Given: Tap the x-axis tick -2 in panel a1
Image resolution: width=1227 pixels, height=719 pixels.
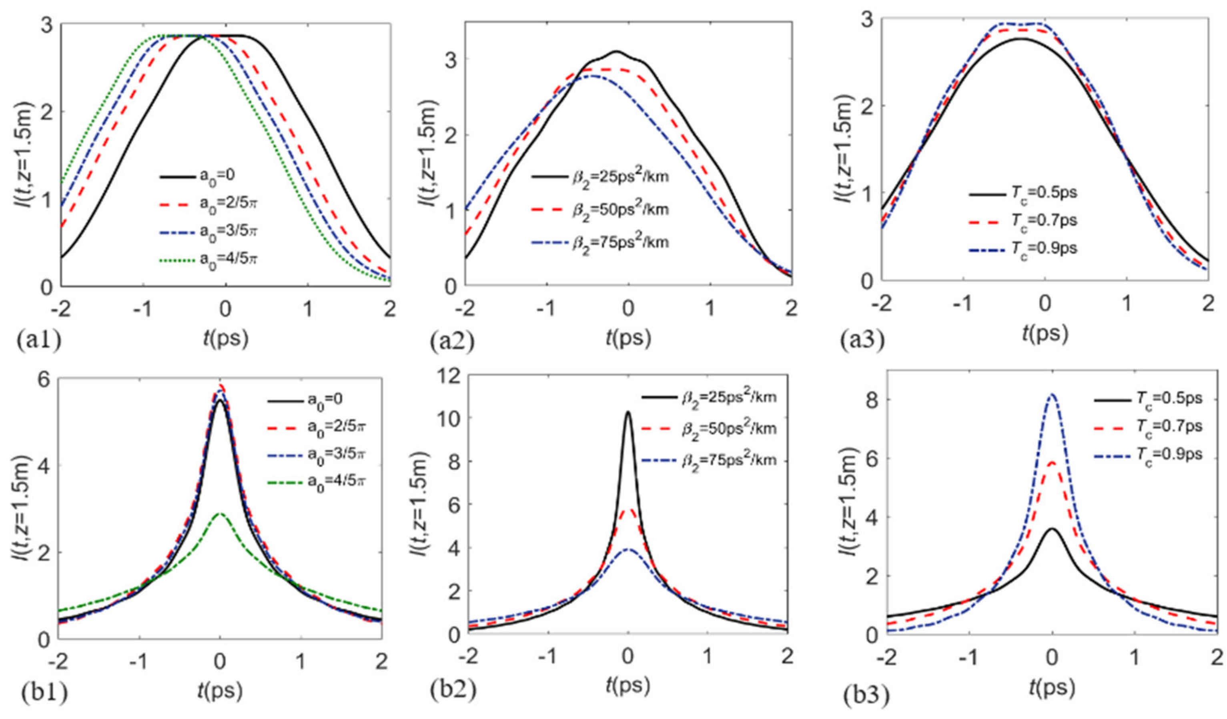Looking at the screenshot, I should (x=61, y=310).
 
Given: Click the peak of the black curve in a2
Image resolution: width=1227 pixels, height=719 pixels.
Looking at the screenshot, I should (x=616, y=51).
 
